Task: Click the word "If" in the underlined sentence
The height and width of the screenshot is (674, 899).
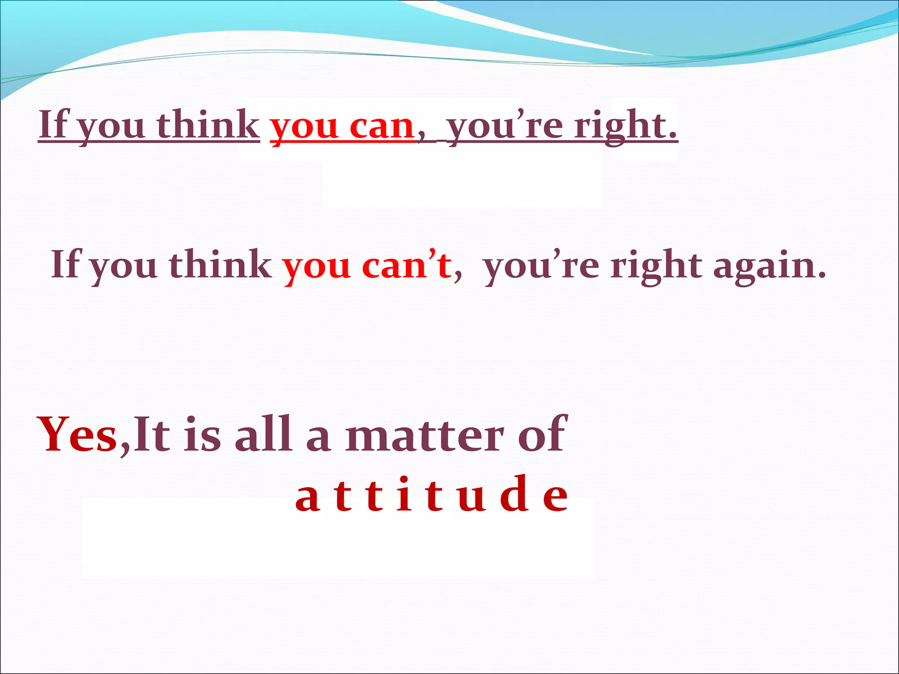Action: pyautogui.click(x=54, y=125)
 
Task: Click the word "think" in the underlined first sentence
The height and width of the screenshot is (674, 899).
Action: pyautogui.click(x=208, y=125)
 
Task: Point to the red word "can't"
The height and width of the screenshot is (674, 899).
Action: pyautogui.click(x=406, y=266)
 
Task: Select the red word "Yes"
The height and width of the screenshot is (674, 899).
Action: pyautogui.click(x=78, y=434)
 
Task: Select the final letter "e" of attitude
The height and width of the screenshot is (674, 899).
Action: pyautogui.click(x=555, y=498)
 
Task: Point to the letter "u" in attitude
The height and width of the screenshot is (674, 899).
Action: pyautogui.click(x=472, y=498)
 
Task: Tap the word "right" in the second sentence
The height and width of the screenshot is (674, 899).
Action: pyautogui.click(x=656, y=267)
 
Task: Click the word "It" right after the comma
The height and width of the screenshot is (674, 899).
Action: pyautogui.click(x=151, y=434)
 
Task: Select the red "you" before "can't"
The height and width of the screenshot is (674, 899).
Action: pyautogui.click(x=316, y=268)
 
